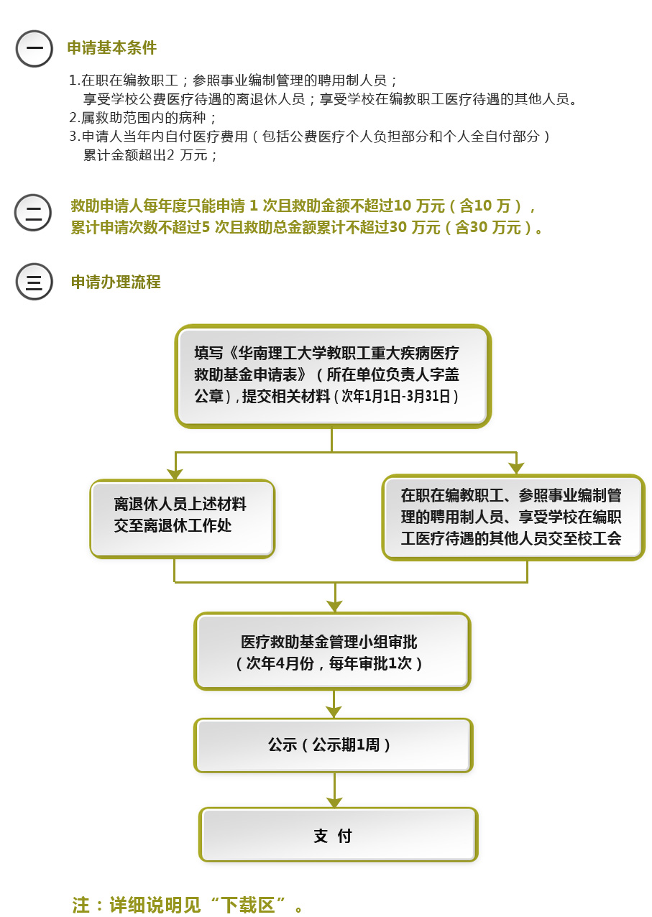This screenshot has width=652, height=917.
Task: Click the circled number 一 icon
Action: [x=34, y=50]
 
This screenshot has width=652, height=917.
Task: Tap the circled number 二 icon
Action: [x=33, y=213]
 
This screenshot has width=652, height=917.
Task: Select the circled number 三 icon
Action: [x=34, y=282]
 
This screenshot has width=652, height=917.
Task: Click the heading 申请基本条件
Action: [x=111, y=48]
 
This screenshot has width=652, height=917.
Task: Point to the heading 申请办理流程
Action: [x=116, y=282]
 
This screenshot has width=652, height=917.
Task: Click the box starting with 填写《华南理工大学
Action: [x=332, y=376]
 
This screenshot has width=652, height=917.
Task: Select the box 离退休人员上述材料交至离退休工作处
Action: [x=182, y=518]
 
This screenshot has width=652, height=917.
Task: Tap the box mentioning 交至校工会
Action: [x=513, y=517]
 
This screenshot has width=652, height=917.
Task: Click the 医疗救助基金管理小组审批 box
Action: [x=332, y=651]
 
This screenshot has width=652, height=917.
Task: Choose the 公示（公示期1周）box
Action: [x=333, y=745]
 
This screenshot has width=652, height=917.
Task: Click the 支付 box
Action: [x=338, y=835]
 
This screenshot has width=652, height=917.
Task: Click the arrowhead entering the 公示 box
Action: [x=334, y=711]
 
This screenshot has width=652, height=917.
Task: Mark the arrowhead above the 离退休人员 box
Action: [x=175, y=474]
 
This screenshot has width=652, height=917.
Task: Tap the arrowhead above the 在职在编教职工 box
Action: [x=516, y=469]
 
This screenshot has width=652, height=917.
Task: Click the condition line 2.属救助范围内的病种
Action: [x=143, y=117]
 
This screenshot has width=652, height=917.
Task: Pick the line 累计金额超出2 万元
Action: [x=150, y=155]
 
